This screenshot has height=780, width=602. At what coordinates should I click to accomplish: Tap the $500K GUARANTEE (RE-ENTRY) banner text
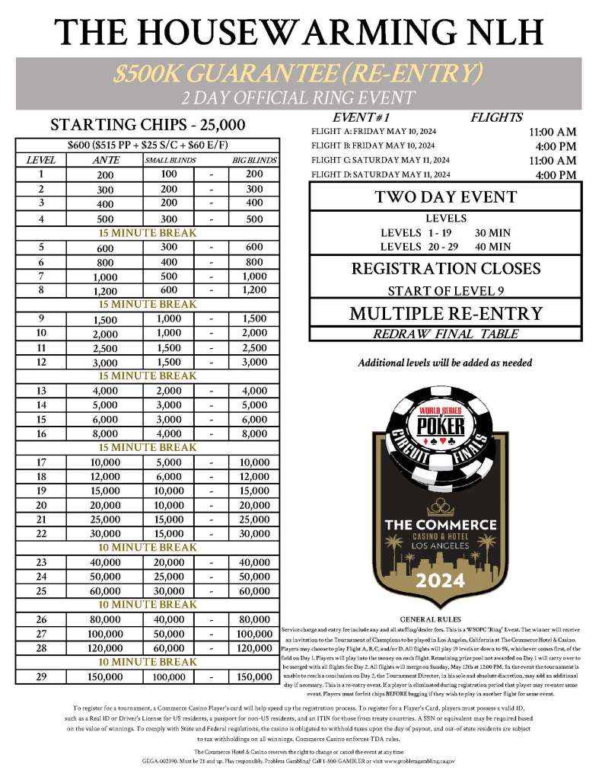(x=298, y=73)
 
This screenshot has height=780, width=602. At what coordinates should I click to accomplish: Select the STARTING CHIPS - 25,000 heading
(x=148, y=125)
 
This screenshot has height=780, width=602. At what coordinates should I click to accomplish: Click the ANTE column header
(x=105, y=160)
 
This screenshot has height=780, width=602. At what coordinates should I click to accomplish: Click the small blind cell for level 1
(x=169, y=174)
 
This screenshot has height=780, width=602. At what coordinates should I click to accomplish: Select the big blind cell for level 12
(x=254, y=363)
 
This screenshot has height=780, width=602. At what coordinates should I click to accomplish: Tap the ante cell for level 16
(x=105, y=434)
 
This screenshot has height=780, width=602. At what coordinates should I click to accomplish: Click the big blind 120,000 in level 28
(x=254, y=648)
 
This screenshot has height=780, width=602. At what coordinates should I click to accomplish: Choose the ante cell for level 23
(x=105, y=562)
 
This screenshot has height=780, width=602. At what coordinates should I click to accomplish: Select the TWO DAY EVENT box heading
(x=445, y=197)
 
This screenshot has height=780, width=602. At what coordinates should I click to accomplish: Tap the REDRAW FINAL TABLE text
(x=445, y=333)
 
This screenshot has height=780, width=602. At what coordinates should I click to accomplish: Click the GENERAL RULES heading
(x=432, y=619)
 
